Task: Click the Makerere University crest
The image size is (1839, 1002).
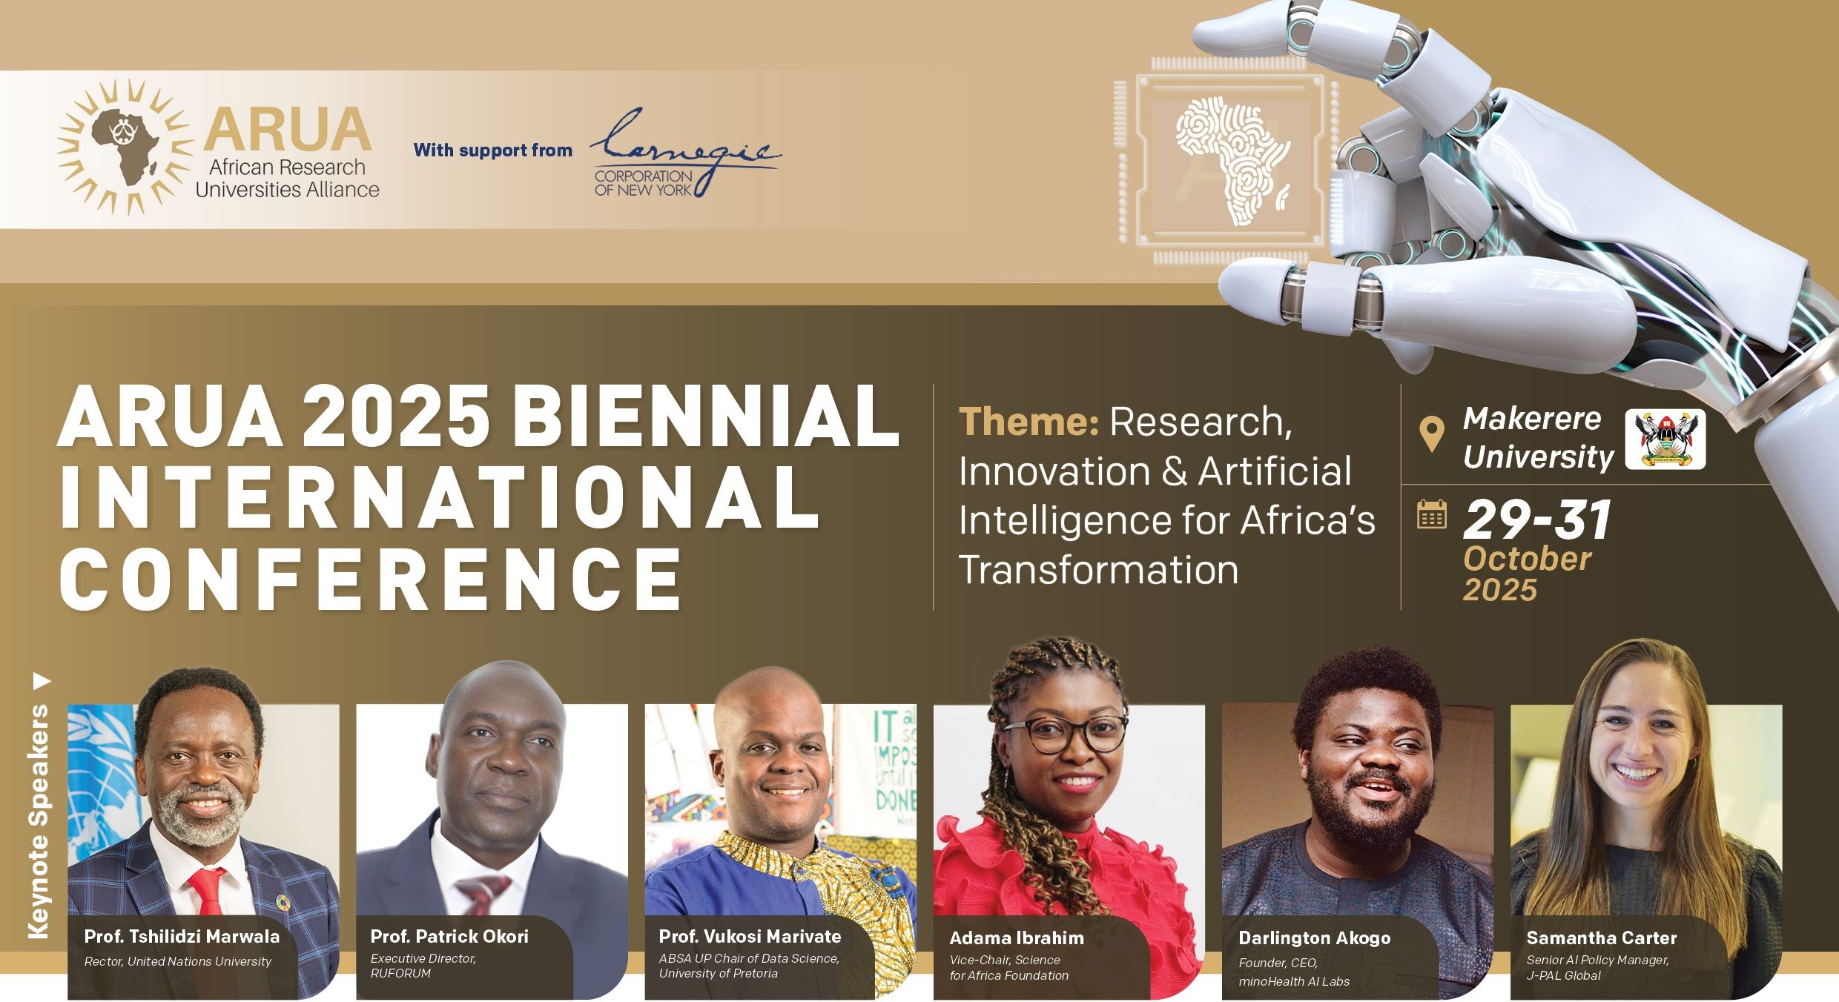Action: click(x=1665, y=439)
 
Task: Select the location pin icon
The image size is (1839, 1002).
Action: click(x=1431, y=434)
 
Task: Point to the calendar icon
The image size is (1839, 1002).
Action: click(x=1432, y=514)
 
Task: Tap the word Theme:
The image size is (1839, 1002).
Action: click(x=1029, y=422)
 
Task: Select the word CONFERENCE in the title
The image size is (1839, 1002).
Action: click(x=370, y=578)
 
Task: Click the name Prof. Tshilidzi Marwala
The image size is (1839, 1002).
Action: click(x=182, y=936)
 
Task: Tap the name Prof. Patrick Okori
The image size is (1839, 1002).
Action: click(x=449, y=936)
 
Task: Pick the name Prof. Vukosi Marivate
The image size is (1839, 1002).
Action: click(x=750, y=936)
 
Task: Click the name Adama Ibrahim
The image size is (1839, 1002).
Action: click(x=1017, y=938)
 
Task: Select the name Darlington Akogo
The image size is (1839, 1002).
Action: click(x=1314, y=938)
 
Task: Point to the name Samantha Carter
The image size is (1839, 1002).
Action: click(x=1602, y=938)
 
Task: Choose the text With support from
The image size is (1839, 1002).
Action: click(x=493, y=150)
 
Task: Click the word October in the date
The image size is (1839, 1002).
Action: click(x=1527, y=559)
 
